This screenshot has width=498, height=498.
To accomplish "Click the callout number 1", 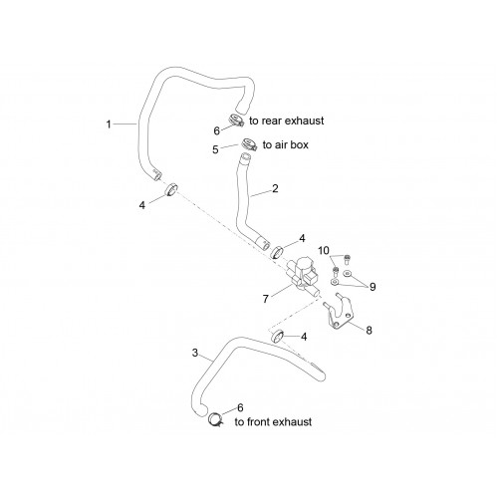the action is click(109, 124).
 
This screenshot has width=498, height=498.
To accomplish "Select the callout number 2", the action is click(275, 188).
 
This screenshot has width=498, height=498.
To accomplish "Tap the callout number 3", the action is click(195, 353).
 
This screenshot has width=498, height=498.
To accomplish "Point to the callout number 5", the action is click(215, 149).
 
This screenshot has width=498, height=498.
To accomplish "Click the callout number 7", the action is click(265, 299).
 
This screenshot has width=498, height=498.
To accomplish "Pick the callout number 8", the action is click(369, 331).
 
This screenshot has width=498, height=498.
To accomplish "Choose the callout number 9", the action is click(373, 287).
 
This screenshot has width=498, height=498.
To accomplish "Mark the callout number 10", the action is click(324, 250).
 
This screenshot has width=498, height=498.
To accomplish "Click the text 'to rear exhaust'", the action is click(287, 121).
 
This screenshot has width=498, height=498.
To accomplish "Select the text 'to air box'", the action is click(286, 144).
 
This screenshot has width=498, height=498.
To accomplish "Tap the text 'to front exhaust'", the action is click(273, 422).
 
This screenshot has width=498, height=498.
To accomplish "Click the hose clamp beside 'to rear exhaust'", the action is click(236, 121).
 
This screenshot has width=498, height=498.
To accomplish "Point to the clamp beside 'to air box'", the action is click(249, 144).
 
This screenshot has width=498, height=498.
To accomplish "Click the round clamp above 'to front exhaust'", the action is click(215, 419).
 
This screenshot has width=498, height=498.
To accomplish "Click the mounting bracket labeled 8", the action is click(338, 312).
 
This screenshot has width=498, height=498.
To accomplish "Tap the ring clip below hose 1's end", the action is click(171, 189).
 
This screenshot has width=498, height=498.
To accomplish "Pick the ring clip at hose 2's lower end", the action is click(277, 252).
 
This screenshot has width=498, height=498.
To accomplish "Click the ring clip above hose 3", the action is click(278, 336).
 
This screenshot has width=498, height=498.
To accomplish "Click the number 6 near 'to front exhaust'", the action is click(240, 407).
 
